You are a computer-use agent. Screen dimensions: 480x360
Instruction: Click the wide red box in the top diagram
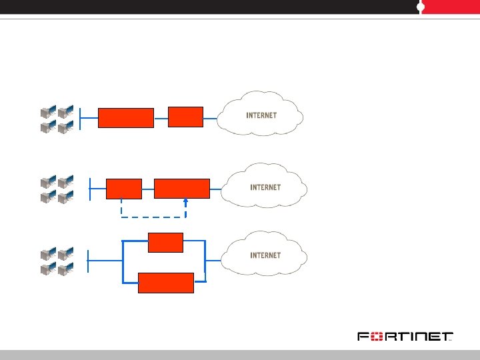[x=126, y=117]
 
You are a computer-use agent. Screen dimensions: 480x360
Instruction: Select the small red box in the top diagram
[x=185, y=116]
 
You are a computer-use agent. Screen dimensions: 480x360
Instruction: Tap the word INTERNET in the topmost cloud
[x=261, y=115]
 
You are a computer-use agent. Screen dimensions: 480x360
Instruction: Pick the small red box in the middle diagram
[x=124, y=189]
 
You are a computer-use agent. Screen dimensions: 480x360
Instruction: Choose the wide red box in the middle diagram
[x=181, y=189]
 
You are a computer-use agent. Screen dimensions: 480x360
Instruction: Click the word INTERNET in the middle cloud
[x=265, y=187]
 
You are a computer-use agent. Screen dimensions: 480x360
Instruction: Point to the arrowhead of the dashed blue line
[x=186, y=202]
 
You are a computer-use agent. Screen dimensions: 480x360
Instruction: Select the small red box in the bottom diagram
[x=165, y=242]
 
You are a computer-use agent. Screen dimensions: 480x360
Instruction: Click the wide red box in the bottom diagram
[x=166, y=283]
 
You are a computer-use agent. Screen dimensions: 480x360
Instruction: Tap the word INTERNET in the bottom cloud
[x=265, y=255]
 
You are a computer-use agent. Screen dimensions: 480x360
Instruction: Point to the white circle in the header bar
[x=421, y=7]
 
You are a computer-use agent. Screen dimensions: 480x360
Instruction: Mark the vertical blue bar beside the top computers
[x=80, y=118]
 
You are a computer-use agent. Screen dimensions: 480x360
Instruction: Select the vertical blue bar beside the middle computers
[x=89, y=188]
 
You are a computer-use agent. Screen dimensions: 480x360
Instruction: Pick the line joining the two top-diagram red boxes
[x=161, y=118]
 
